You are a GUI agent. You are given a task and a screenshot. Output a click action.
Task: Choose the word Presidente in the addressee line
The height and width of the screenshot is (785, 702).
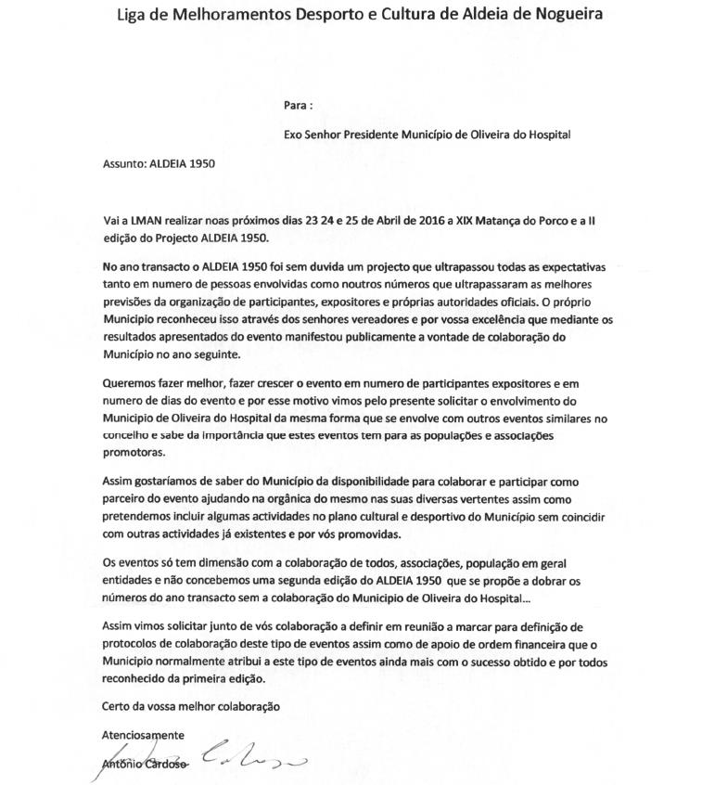(369, 134)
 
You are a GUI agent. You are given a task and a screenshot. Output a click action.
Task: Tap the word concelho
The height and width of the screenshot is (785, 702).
(125, 435)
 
